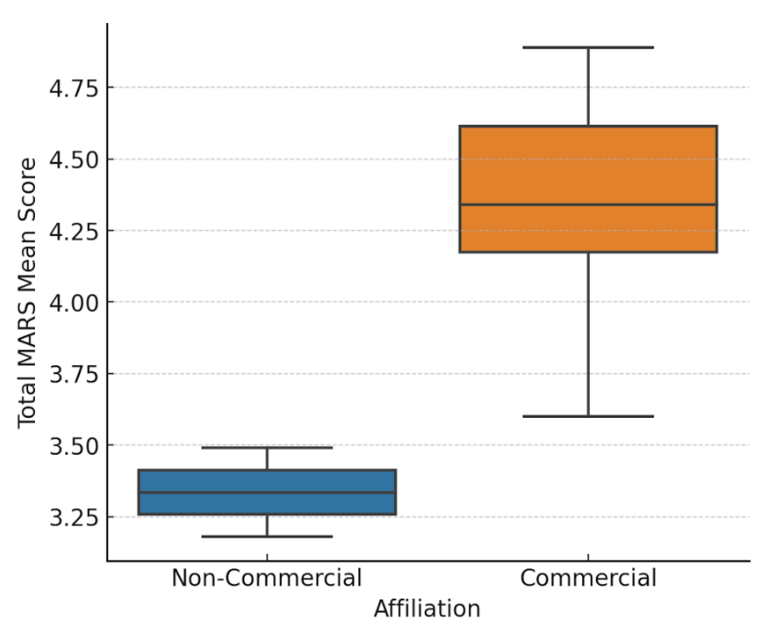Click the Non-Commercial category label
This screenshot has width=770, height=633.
[x=266, y=577]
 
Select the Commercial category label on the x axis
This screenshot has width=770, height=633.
[x=588, y=577]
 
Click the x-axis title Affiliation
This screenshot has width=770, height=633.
[x=427, y=609]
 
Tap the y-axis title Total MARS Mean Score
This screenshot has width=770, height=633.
[x=27, y=293]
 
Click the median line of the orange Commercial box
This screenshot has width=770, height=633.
[x=588, y=205]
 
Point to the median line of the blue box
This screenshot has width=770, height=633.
[x=266, y=492]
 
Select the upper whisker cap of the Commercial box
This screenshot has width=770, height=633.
[x=588, y=47]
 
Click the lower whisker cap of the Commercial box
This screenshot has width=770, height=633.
[x=588, y=416]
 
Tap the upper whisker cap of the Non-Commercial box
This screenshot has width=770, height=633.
[x=266, y=447]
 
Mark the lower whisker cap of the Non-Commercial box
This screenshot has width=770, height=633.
[x=266, y=536]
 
